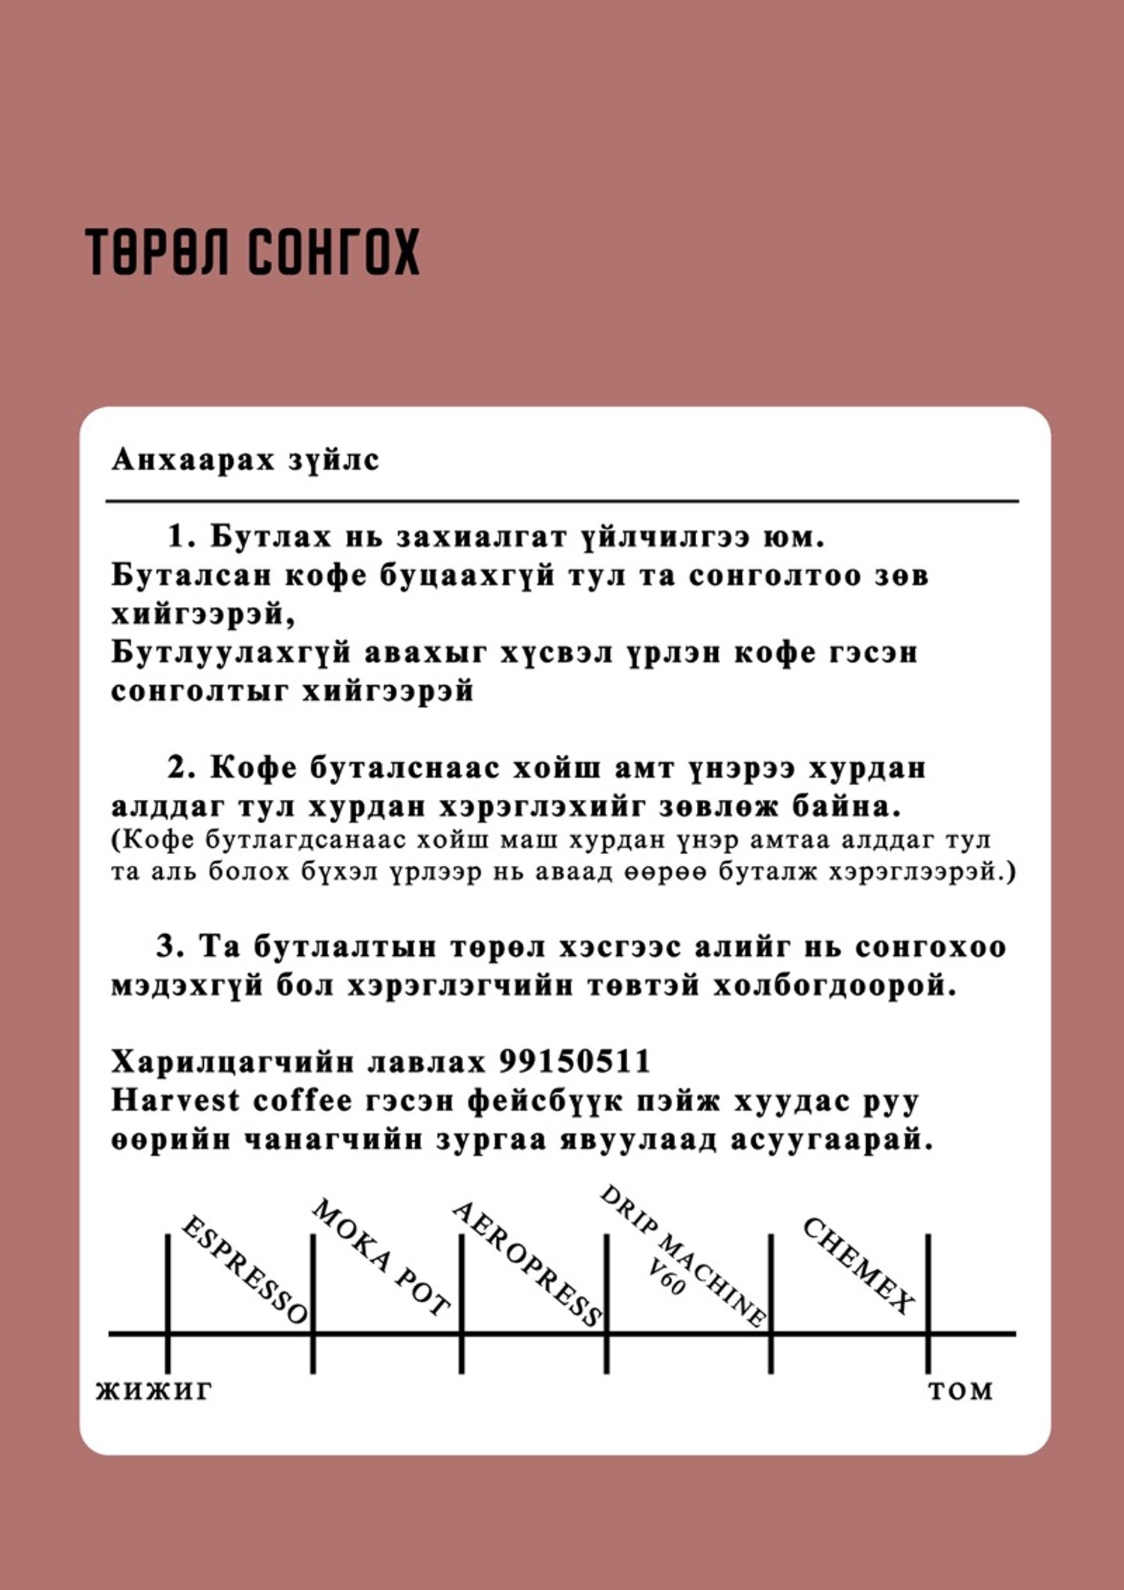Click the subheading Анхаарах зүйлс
pyautogui.click(x=245, y=460)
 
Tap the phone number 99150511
pyautogui.click(x=575, y=1061)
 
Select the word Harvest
pyautogui.click(x=175, y=1100)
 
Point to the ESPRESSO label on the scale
pyautogui.click(x=244, y=1270)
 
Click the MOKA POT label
pyautogui.click(x=381, y=1256)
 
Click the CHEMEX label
pyautogui.click(x=859, y=1265)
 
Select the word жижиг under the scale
pyautogui.click(x=154, y=1391)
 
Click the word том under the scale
pyautogui.click(x=961, y=1391)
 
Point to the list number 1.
pyautogui.click(x=181, y=537)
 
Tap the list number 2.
pyautogui.click(x=181, y=768)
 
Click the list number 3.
pyautogui.click(x=169, y=946)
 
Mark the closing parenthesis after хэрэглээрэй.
pyautogui.click(x=1012, y=872)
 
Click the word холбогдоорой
pyautogui.click(x=834, y=985)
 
